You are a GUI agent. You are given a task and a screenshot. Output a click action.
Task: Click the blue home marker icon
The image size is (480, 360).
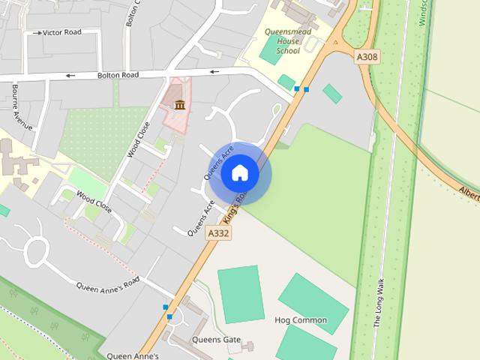[239, 172]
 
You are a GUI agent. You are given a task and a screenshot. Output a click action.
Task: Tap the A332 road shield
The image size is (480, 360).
[218, 233]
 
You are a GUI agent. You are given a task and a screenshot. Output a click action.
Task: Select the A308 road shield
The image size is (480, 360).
[366, 55]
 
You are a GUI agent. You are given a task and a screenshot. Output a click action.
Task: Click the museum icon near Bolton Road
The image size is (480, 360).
[179, 104]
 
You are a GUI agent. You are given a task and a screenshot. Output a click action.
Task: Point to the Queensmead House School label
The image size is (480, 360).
[282, 41]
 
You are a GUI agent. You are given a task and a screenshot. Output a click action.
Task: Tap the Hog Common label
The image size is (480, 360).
[301, 320]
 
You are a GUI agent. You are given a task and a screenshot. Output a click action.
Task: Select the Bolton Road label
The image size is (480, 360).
[118, 75]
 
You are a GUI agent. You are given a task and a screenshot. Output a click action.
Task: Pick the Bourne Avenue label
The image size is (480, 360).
[20, 106]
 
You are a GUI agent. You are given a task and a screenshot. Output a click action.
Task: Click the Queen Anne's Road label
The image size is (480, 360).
[109, 284]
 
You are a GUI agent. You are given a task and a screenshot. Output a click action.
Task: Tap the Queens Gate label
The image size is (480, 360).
[216, 340]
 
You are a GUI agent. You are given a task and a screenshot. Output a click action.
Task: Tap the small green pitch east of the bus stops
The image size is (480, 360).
[332, 94]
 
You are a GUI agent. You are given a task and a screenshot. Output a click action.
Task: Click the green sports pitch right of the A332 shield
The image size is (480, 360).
[241, 294]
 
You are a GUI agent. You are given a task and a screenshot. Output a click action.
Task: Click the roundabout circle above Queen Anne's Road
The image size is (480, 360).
[35, 248]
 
